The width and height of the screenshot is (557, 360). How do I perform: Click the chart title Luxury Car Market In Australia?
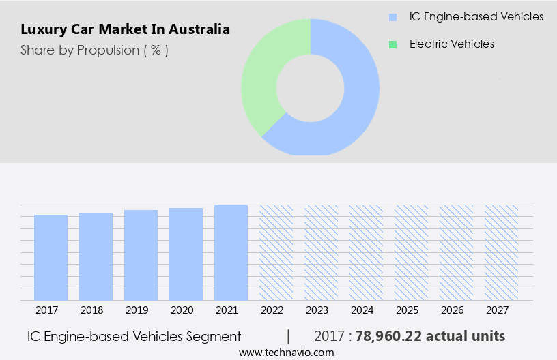tap(125, 29)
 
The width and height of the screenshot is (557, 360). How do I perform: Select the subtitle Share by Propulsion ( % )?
tap(94, 50)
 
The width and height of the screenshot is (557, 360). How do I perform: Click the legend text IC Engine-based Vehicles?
tap(476, 16)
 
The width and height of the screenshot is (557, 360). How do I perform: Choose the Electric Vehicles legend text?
tap(452, 44)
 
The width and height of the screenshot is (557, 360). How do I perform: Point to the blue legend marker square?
tap(392, 17)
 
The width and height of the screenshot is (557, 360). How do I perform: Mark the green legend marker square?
tap(392, 44)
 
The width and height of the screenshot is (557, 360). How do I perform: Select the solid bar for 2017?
tap(51, 257)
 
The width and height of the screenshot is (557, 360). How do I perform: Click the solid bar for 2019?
tap(141, 254)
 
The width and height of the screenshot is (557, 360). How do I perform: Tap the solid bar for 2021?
tap(231, 252)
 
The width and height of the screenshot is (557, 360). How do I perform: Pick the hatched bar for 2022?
tap(276, 252)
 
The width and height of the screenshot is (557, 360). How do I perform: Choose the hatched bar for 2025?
tap(412, 252)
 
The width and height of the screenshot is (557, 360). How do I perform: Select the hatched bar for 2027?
tap(502, 252)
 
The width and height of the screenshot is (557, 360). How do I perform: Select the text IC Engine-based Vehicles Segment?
tap(134, 336)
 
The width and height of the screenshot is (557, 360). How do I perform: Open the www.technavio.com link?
tap(287, 352)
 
